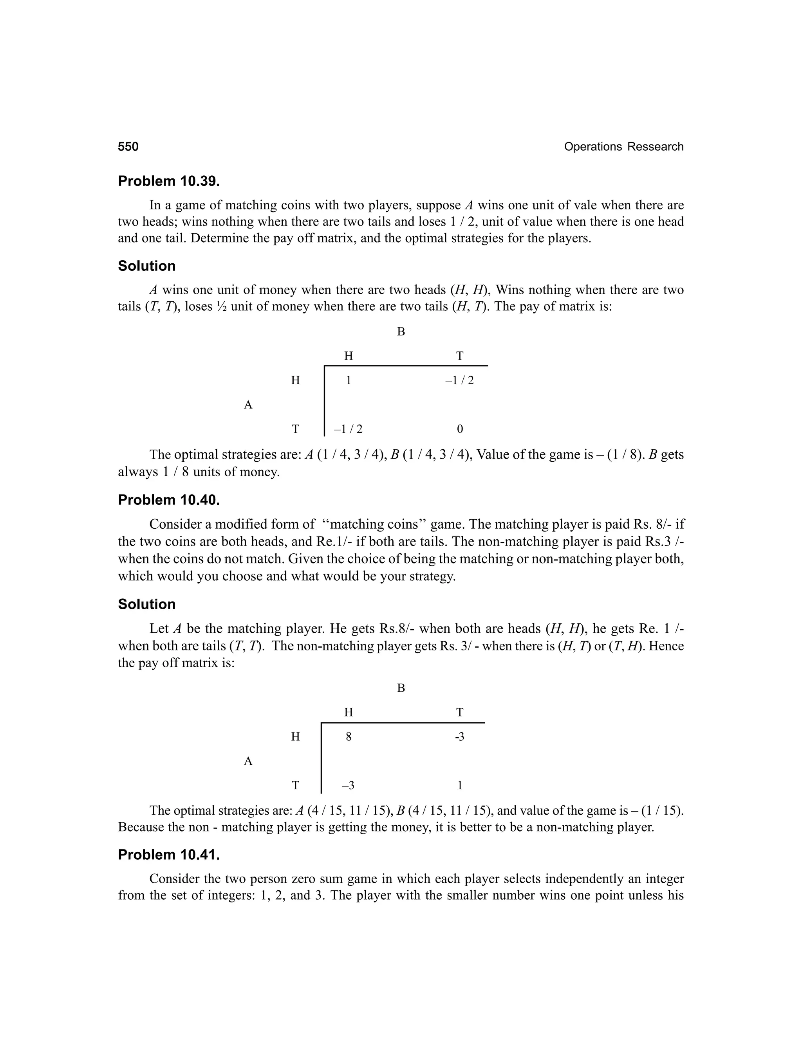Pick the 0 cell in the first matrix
tap(459, 429)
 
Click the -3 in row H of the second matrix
tap(459, 737)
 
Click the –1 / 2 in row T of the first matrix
tap(348, 429)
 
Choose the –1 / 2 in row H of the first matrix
tap(459, 380)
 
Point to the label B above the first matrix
tap(401, 332)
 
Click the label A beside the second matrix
tap(248, 761)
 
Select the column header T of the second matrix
tap(459, 712)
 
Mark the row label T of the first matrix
tap(296, 429)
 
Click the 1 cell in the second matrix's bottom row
tap(459, 786)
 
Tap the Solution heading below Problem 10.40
tap(147, 604)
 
